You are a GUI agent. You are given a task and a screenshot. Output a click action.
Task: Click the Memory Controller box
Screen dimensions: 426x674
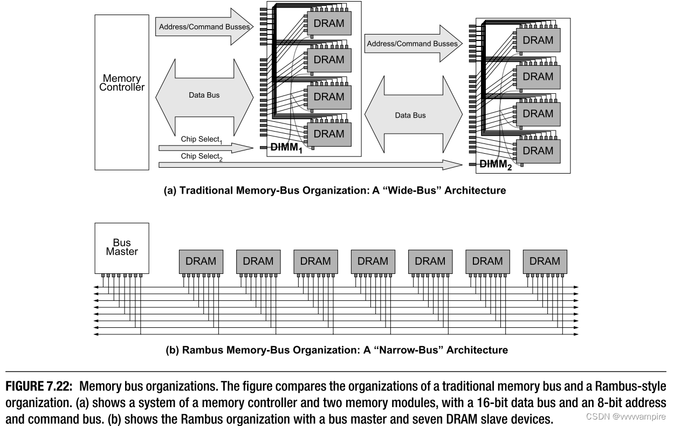point(122,92)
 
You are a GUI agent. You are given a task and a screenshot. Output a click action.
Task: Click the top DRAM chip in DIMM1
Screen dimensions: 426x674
point(328,23)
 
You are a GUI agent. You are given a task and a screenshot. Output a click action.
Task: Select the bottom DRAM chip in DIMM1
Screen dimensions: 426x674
point(328,134)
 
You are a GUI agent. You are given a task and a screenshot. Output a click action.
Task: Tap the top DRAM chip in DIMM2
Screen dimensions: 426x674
point(538,40)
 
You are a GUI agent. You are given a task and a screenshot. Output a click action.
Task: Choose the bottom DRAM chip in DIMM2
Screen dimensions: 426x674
point(538,150)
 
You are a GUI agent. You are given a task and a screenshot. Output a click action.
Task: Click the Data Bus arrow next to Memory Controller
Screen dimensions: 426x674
point(204,95)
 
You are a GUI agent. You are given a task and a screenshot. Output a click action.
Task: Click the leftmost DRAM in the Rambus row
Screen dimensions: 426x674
point(201,261)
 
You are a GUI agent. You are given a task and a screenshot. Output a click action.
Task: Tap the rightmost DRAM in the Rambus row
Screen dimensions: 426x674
point(545,261)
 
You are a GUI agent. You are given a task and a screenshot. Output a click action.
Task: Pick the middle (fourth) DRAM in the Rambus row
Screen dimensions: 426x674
point(373,261)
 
